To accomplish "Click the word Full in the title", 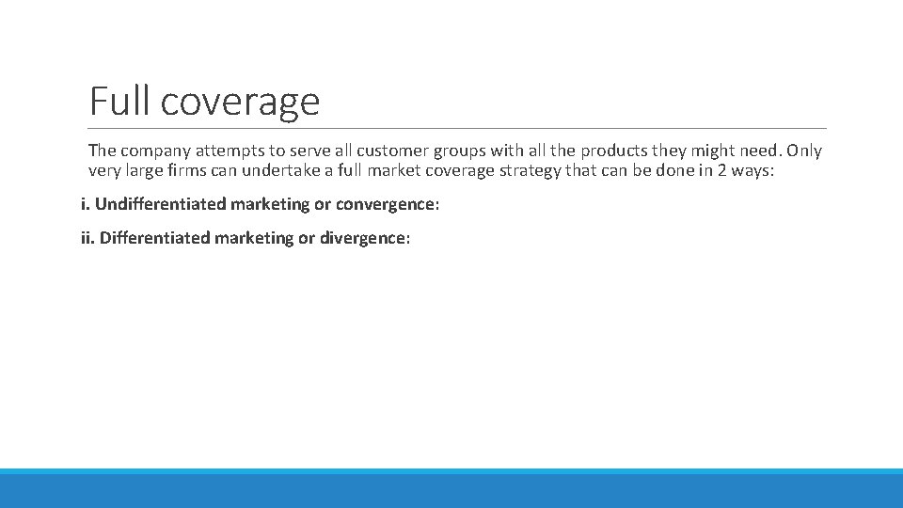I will click(x=120, y=101).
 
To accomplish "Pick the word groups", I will click(x=458, y=151).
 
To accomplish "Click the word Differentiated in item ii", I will click(x=155, y=238).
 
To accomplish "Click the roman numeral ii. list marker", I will click(x=87, y=238).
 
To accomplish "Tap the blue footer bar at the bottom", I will click(x=451, y=489).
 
